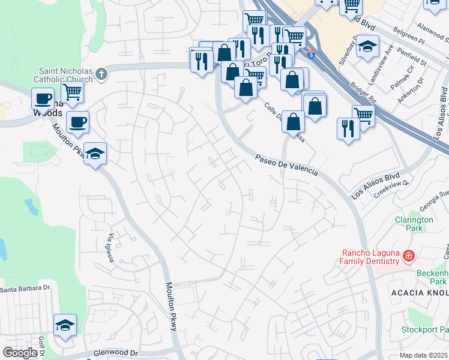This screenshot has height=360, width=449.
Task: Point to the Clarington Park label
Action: pyautogui.click(x=414, y=224)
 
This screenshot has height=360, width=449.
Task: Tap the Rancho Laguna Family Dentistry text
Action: pyautogui.click(x=370, y=257)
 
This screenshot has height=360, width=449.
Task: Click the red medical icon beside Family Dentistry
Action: pyautogui.click(x=409, y=257)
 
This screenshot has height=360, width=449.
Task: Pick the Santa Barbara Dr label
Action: pyautogui.click(x=24, y=290)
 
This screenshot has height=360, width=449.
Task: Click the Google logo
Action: pyautogui.click(x=20, y=353)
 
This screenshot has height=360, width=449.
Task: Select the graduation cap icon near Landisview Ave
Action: pyautogui.click(x=367, y=46)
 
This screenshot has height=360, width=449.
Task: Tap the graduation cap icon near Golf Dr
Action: pyautogui.click(x=65, y=325)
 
